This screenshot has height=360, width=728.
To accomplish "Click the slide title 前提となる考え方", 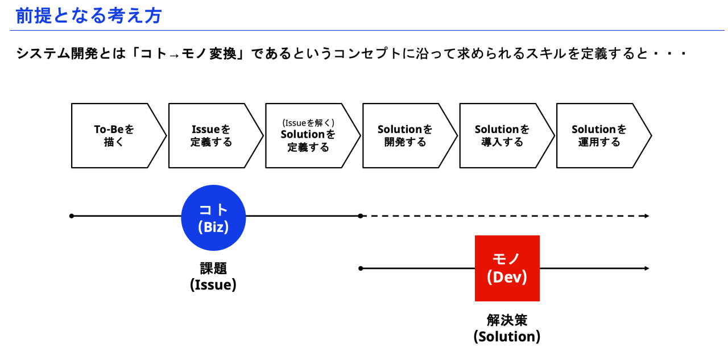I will click(x=89, y=15).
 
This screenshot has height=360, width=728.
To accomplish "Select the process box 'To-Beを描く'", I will click(x=114, y=136).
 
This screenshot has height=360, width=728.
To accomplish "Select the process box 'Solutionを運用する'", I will click(x=599, y=136).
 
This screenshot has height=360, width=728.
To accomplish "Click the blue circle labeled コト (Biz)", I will click(x=213, y=218).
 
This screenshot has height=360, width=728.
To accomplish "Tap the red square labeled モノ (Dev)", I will click(x=507, y=268).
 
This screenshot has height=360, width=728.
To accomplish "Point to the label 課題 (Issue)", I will click(x=213, y=276).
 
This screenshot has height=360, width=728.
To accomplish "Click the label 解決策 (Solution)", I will click(x=507, y=328).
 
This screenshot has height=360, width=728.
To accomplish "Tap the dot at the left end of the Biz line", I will click(x=72, y=216).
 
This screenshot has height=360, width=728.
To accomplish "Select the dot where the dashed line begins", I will click(x=361, y=216).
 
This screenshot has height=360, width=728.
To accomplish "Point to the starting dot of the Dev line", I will click(x=361, y=268).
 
